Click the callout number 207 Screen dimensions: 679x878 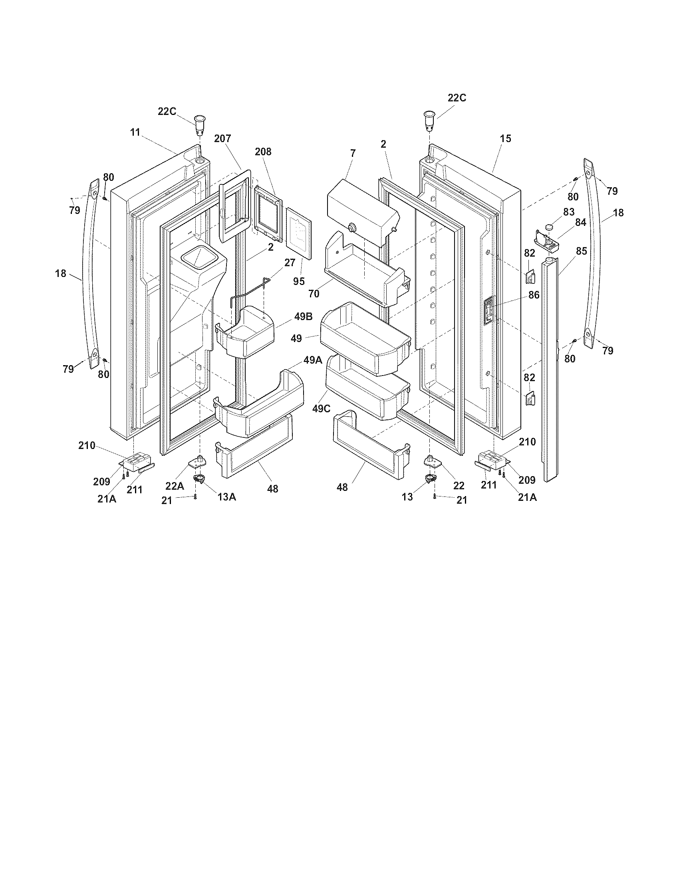pyautogui.click(x=222, y=139)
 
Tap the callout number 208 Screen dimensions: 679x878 pyautogui.click(x=263, y=152)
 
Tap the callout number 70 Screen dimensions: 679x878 pyautogui.click(x=314, y=294)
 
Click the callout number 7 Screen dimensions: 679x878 pyautogui.click(x=353, y=153)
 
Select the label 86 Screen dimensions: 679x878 pyautogui.click(x=533, y=295)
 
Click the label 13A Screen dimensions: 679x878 pyautogui.click(x=227, y=497)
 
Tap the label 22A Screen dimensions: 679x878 pyautogui.click(x=175, y=486)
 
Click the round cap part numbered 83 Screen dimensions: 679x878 pyautogui.click(x=550, y=228)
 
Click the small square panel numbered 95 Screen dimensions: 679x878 pyautogui.click(x=299, y=233)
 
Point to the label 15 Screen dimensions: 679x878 pyautogui.click(x=505, y=139)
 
